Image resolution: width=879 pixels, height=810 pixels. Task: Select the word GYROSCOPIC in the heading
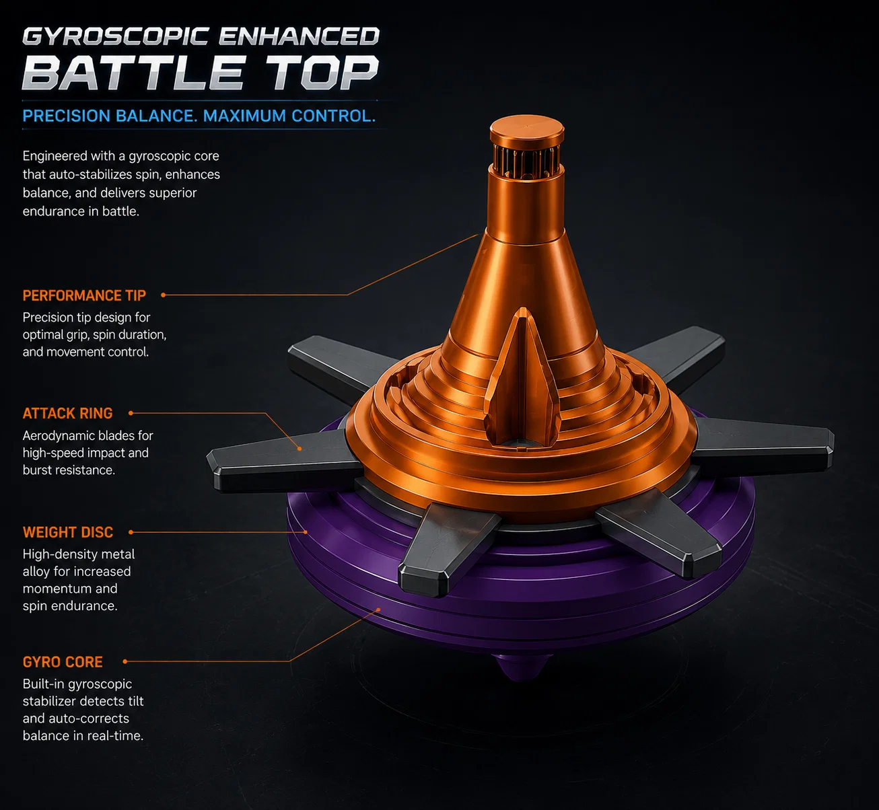[x=116, y=36]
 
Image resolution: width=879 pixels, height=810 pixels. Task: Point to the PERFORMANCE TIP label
[x=84, y=295]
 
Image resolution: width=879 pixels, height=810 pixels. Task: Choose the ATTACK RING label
[x=67, y=414]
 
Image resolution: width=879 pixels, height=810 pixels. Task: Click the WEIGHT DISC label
[x=68, y=532]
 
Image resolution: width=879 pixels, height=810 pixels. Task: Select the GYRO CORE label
[x=63, y=662]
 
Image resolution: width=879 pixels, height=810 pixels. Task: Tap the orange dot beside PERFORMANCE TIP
[x=164, y=295]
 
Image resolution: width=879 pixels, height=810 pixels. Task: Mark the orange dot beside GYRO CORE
[x=125, y=661]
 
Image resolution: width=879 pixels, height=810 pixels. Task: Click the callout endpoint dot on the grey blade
[x=300, y=449]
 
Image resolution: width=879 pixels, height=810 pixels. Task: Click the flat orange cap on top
[x=527, y=129]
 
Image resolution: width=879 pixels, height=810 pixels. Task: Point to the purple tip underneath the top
[x=522, y=667]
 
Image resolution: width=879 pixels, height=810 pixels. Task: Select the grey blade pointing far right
[x=762, y=445]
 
